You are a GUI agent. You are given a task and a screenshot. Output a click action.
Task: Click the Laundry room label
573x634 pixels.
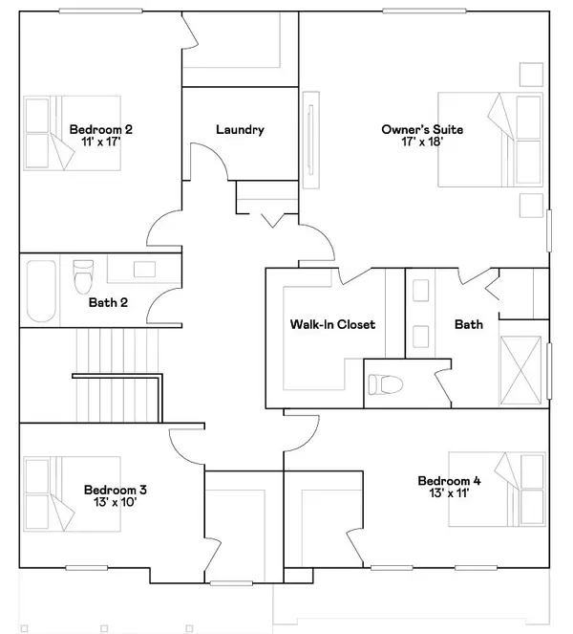[240, 129]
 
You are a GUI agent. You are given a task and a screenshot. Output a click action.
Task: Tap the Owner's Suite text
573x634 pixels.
[422, 129]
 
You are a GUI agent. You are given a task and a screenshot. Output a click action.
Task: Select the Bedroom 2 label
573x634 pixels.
[100, 129]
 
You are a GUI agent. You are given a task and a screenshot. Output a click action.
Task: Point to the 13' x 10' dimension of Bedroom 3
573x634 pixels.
[116, 502]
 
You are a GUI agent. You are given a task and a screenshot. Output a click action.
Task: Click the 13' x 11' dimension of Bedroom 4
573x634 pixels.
[449, 492]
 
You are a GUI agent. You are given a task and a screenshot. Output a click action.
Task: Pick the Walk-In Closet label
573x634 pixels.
[332, 324]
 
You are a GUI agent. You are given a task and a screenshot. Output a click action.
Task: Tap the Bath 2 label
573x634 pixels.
[108, 302]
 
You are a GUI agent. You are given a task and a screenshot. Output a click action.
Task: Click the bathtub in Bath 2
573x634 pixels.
[41, 291]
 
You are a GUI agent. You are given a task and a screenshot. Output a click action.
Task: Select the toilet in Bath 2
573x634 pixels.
[84, 276]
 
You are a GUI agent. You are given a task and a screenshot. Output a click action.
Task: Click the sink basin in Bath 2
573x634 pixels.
[144, 270]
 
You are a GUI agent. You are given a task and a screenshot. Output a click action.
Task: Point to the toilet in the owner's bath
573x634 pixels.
[386, 384]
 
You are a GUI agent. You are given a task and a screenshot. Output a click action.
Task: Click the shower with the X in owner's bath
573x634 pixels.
[520, 370]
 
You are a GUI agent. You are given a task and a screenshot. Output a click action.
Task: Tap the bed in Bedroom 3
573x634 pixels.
[73, 494]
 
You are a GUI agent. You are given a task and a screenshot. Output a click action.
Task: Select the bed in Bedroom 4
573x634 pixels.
[498, 490]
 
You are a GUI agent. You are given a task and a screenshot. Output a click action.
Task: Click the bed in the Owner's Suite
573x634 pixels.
[490, 140]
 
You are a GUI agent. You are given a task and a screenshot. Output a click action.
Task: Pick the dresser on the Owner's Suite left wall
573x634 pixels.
[311, 140]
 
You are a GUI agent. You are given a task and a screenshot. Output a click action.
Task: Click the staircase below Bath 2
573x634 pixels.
[117, 375]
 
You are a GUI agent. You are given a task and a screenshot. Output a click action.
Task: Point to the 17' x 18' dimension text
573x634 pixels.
[422, 142]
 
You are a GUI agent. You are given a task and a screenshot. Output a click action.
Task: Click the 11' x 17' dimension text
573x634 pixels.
[101, 142]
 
